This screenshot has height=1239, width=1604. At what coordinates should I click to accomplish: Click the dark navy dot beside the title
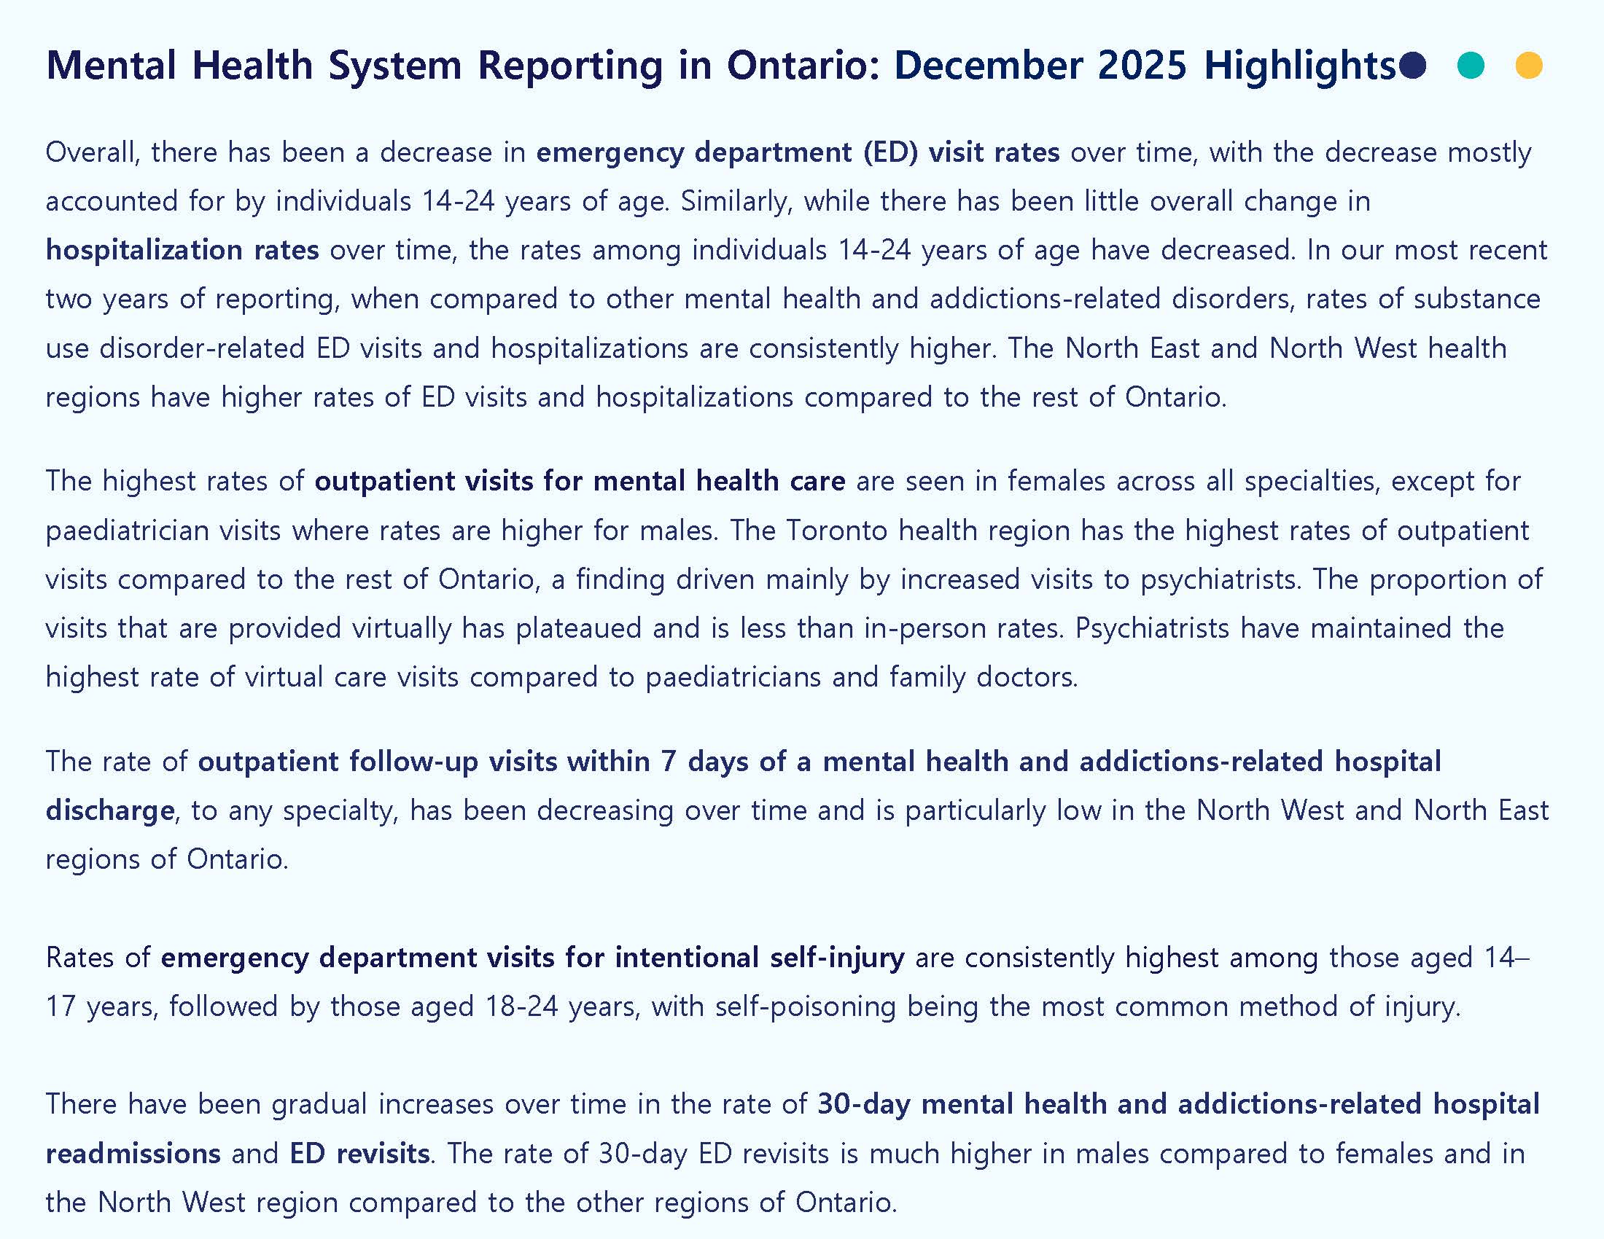(x=1412, y=66)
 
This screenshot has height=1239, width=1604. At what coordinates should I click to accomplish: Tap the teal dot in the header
(x=1471, y=66)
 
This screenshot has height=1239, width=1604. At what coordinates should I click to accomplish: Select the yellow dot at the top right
(x=1529, y=66)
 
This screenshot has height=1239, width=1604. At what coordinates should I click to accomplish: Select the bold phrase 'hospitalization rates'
(x=182, y=250)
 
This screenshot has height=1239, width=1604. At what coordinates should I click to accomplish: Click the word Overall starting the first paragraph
(x=92, y=152)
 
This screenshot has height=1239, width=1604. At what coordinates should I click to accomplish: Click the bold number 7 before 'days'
(x=669, y=762)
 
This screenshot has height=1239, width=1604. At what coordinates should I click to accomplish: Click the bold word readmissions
(x=133, y=1153)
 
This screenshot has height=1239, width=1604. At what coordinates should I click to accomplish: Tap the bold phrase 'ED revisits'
(x=359, y=1153)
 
